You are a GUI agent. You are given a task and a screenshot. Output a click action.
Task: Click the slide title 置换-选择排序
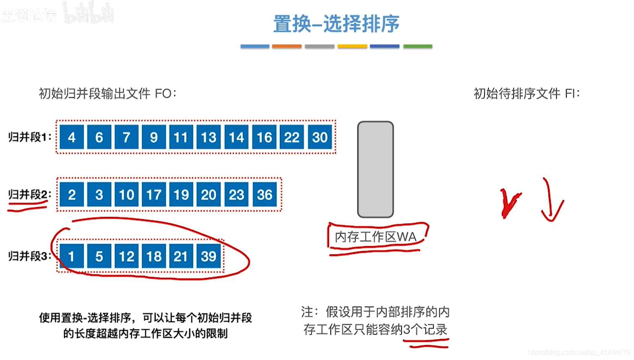pos(336,24)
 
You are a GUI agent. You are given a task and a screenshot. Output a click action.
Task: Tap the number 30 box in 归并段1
pos(320,137)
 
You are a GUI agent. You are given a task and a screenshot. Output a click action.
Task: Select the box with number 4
pos(72,137)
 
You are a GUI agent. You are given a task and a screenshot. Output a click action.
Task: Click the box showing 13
pos(209,137)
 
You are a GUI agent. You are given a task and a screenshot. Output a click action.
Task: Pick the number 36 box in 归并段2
pos(264,195)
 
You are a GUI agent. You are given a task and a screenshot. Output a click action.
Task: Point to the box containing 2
pos(72,195)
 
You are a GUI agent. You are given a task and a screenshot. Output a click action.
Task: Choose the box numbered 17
pos(154,195)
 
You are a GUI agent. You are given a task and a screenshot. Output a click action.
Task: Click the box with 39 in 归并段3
pos(209,256)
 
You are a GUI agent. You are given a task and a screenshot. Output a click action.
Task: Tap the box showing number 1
pos(72,256)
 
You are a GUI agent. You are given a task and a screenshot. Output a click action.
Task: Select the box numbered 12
pos(126,256)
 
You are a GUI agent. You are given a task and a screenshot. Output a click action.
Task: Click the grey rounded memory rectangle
pos(375,169)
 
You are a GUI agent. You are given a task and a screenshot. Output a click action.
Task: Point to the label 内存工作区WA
pos(376,237)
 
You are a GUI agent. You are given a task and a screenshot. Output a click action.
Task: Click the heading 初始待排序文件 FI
pos(527,94)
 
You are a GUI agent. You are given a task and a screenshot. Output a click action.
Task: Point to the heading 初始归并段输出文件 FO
pos(108,94)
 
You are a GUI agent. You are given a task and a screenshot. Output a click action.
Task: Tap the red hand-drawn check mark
pos(509,203)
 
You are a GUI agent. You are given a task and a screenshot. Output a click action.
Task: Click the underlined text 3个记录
pos(425,330)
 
